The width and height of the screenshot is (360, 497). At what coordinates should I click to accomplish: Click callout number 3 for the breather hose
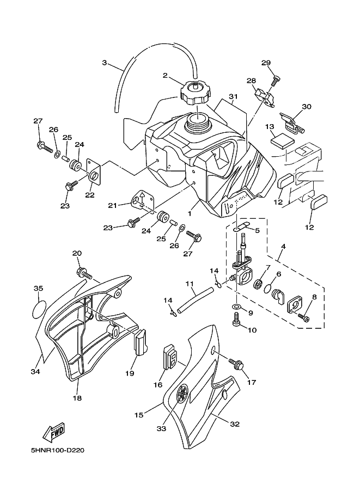coord(104,63)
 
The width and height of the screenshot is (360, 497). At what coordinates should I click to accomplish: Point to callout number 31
coord(234,97)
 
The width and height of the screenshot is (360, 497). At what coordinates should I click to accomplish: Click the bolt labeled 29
coord(276,81)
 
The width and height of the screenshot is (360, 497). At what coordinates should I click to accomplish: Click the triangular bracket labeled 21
coord(140,201)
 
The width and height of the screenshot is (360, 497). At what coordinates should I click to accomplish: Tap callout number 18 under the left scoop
coord(77,398)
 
